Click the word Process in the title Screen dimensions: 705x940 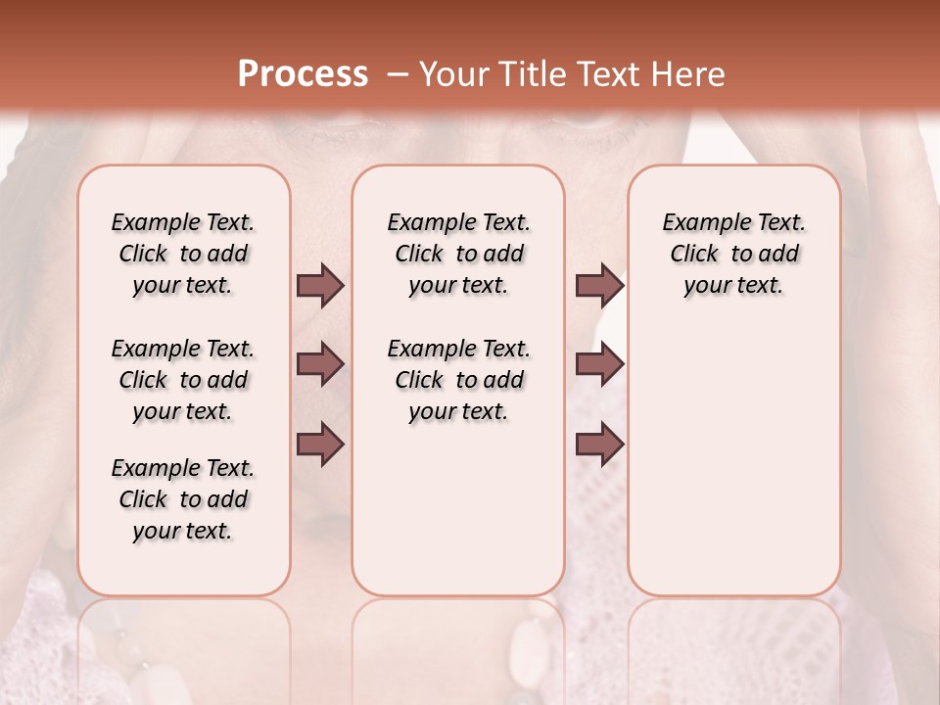(x=303, y=73)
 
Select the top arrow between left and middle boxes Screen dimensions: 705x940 (x=320, y=286)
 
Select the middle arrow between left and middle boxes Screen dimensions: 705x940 (x=320, y=364)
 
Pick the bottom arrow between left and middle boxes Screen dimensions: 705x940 (x=320, y=445)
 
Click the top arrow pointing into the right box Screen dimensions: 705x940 (x=599, y=286)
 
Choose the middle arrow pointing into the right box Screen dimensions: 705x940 (x=599, y=364)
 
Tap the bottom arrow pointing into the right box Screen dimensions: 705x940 (x=599, y=445)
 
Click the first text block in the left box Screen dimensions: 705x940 (x=183, y=254)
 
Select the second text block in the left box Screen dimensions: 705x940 (x=183, y=380)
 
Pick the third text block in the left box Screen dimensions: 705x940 (x=183, y=499)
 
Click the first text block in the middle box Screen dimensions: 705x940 (x=458, y=254)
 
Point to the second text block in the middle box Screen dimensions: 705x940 (x=458, y=380)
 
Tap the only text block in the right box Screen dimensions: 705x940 (x=733, y=254)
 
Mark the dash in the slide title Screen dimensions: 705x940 (x=398, y=73)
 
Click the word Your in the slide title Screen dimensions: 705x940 (x=454, y=73)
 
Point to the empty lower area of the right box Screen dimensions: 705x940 (x=733, y=470)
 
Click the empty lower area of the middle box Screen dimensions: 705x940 (x=458, y=509)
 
